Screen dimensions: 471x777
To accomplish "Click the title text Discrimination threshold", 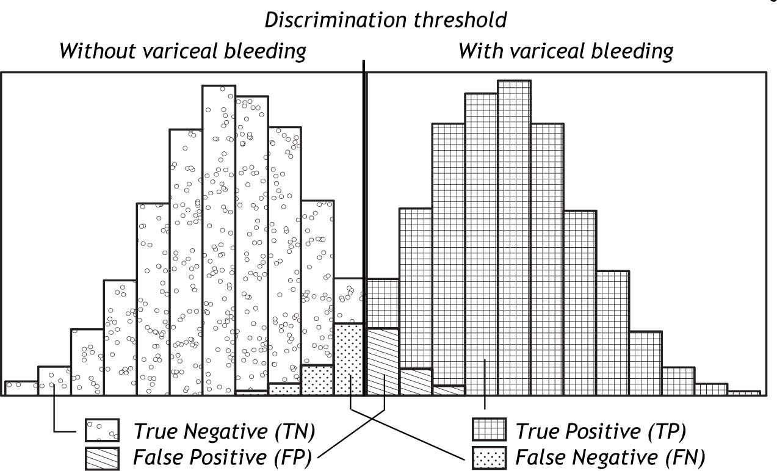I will click(386, 20).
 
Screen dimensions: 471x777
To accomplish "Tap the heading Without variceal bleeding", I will click(183, 51).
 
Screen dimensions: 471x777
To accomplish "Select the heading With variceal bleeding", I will click(565, 51).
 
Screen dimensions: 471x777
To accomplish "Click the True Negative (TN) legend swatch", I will click(101, 431).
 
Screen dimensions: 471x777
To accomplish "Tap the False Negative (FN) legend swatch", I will click(490, 455).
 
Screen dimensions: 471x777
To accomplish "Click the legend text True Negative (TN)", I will click(224, 431).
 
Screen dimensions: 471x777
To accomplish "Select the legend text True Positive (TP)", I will click(601, 431).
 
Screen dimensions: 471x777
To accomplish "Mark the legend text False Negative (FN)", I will click(610, 456).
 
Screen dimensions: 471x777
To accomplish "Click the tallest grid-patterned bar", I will click(514, 238).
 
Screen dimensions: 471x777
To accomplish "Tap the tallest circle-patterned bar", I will click(219, 238).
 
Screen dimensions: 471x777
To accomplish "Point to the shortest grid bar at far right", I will click(743, 393).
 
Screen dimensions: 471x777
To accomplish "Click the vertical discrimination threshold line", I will click(365, 183).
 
